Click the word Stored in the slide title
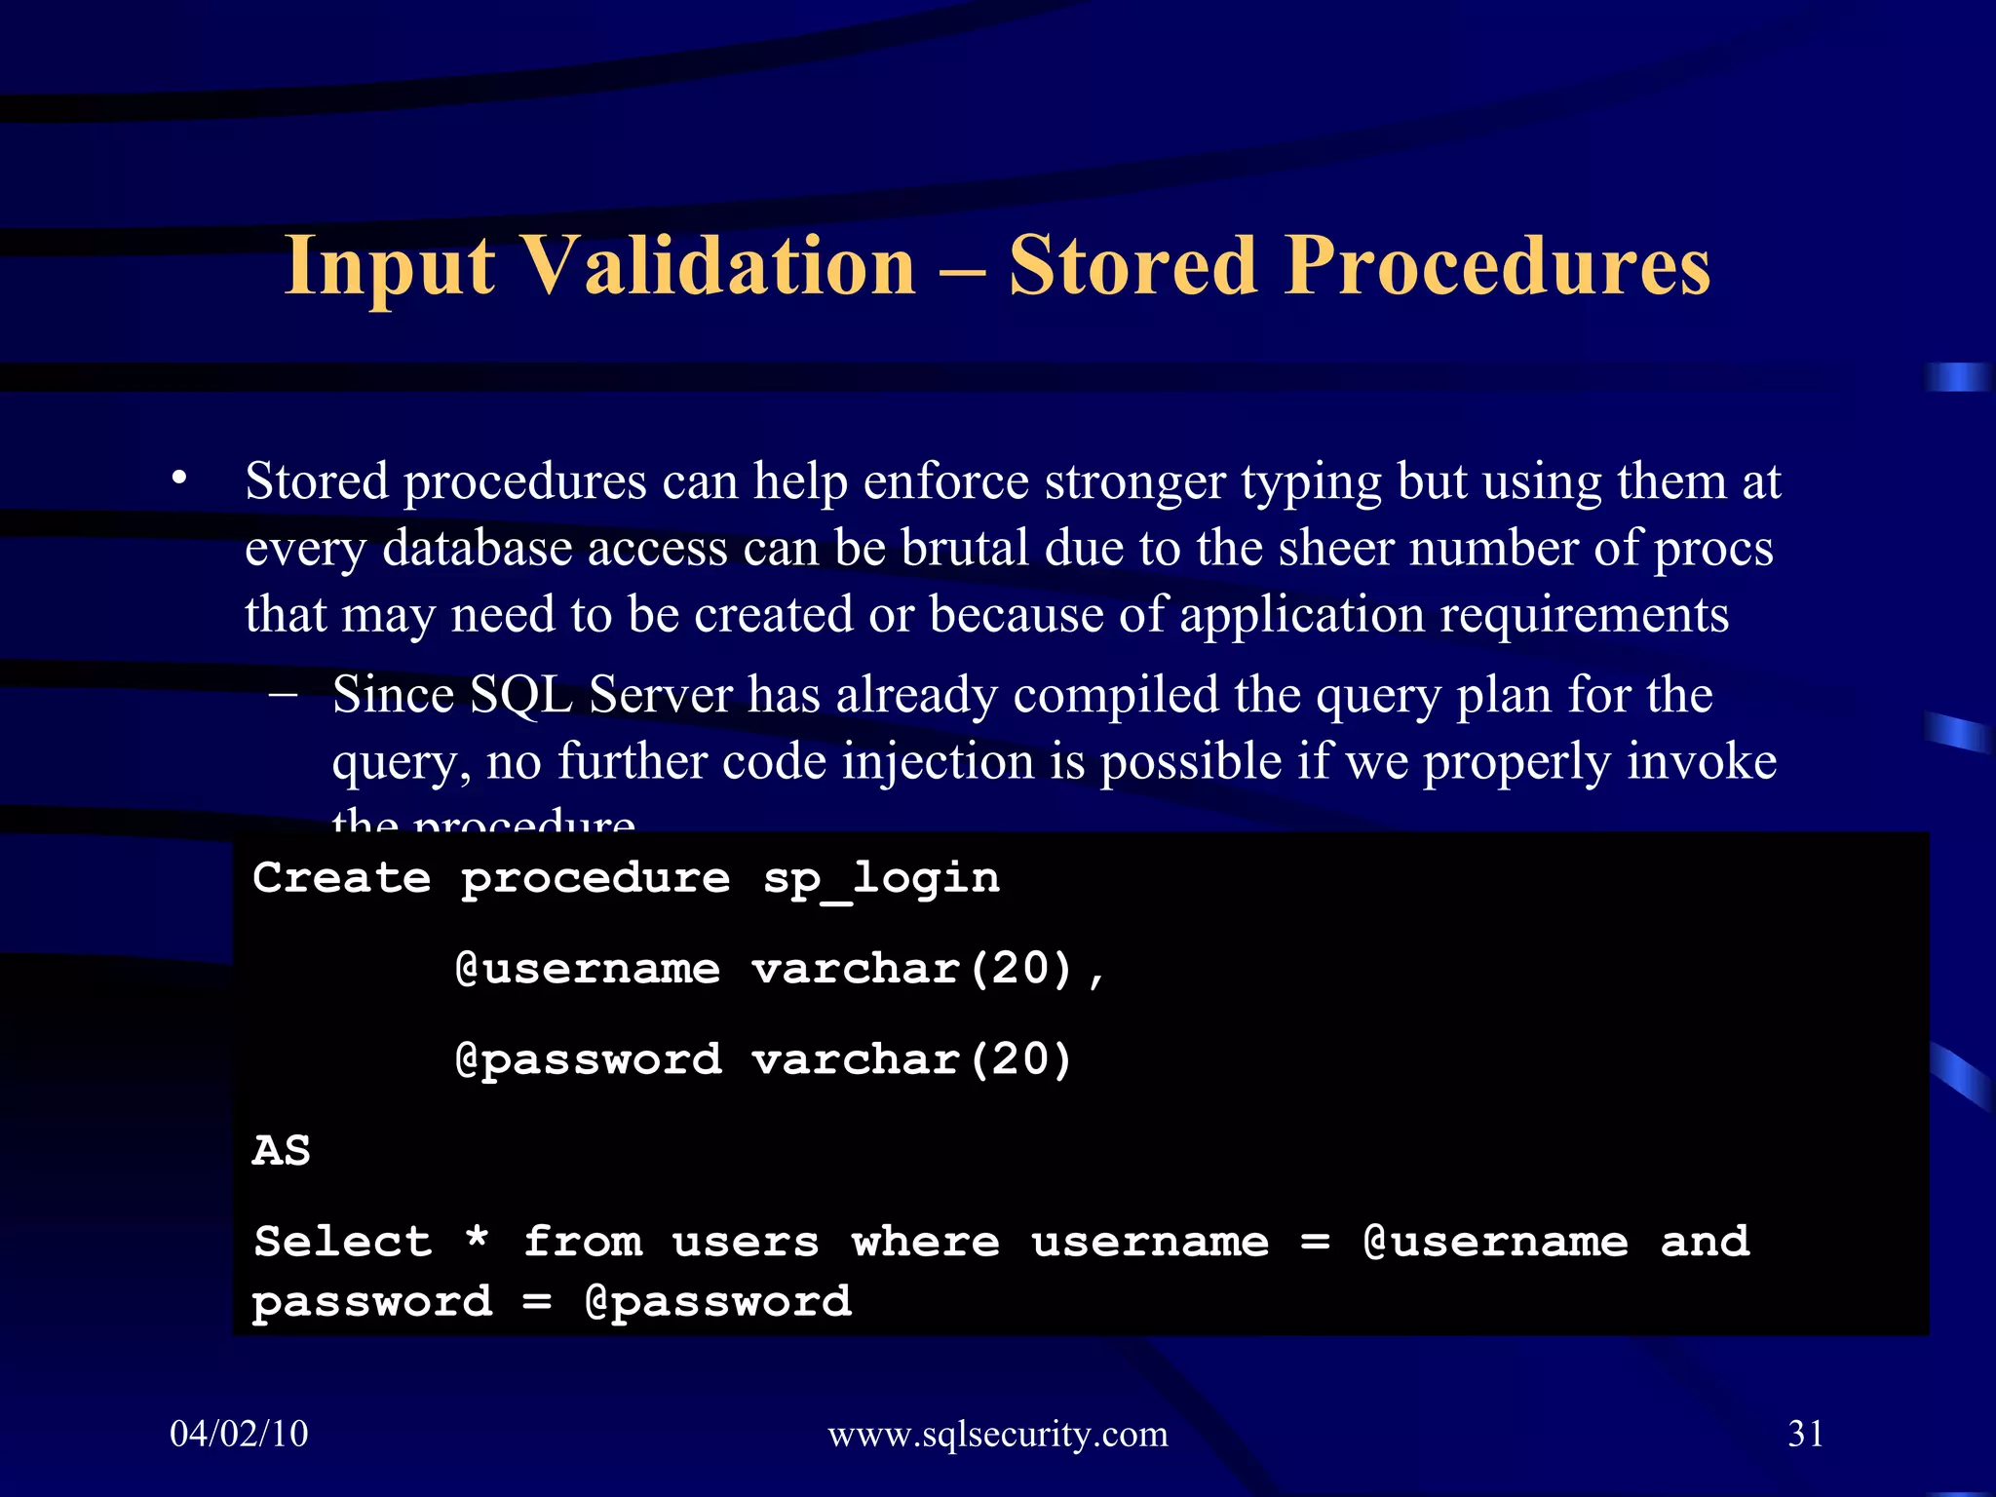(1132, 266)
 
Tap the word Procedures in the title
(1497, 266)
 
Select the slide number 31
(1805, 1434)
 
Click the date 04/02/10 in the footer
(239, 1434)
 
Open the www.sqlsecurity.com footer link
(997, 1434)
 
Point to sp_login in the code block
(881, 879)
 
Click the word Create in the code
(341, 878)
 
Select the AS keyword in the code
(282, 1151)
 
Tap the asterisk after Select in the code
(477, 1240)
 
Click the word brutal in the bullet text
(965, 548)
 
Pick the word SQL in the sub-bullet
(520, 695)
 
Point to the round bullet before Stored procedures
(178, 479)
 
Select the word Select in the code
(342, 1242)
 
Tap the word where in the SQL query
(926, 1242)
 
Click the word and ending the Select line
(1705, 1242)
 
